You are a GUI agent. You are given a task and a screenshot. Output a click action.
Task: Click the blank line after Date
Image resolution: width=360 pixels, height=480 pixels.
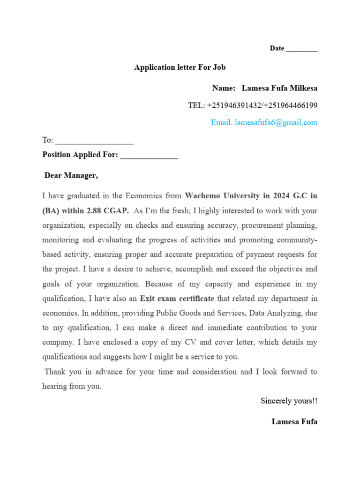point(301,49)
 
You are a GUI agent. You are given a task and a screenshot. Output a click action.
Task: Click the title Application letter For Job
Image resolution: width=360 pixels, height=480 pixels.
point(180,67)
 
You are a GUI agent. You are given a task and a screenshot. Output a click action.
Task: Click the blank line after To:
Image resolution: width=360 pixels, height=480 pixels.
point(94,141)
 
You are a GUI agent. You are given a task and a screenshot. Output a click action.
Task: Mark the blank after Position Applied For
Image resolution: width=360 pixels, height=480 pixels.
point(149,155)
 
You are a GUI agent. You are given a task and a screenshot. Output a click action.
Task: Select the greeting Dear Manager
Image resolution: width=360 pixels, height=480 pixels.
point(71,176)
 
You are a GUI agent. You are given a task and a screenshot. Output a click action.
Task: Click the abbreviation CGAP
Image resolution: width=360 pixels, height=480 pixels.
point(117,210)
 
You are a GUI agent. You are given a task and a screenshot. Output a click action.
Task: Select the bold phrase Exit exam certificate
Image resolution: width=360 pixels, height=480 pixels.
point(177,298)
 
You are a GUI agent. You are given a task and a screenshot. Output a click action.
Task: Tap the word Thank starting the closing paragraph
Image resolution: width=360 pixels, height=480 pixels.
point(55,372)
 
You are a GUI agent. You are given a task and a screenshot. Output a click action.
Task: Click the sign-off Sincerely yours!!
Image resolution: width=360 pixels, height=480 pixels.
point(289,401)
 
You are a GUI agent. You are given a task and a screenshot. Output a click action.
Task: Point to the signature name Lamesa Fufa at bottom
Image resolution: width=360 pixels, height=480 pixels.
point(294,421)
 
